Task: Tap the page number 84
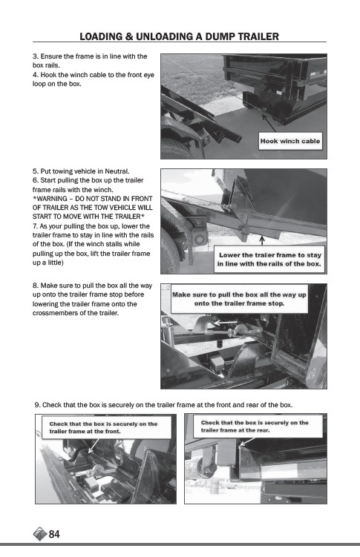click(54, 534)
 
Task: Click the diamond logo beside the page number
click(40, 534)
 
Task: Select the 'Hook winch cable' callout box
click(290, 141)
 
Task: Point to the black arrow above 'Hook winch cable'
click(269, 122)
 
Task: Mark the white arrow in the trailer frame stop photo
click(226, 323)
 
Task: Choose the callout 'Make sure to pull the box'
click(239, 299)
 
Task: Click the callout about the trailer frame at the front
click(106, 427)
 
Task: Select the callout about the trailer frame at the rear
click(258, 426)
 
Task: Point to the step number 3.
click(36, 56)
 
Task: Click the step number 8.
click(36, 286)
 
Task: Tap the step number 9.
click(38, 405)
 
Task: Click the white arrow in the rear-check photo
click(247, 441)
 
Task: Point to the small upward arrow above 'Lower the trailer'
click(262, 240)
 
